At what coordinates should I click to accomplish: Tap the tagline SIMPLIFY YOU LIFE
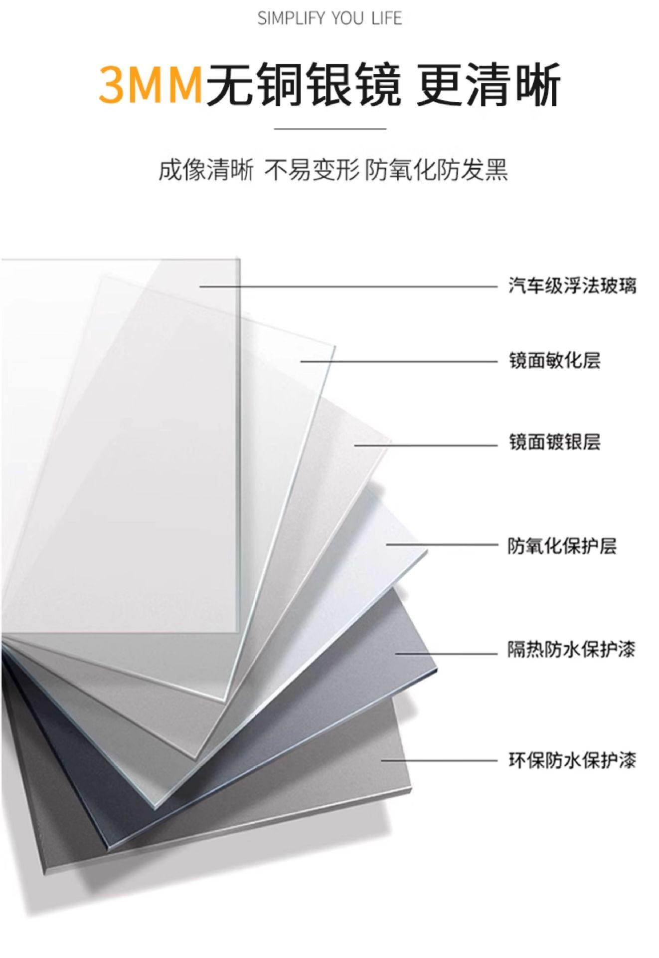(329, 18)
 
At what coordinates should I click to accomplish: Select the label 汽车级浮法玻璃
(572, 286)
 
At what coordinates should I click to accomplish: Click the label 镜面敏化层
(554, 360)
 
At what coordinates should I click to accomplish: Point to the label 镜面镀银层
(554, 442)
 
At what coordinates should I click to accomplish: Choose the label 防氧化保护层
(562, 546)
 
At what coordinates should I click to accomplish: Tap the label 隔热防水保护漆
(571, 650)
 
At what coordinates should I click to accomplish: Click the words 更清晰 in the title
(489, 85)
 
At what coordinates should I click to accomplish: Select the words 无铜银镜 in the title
(304, 85)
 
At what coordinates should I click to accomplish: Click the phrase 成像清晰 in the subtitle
(205, 170)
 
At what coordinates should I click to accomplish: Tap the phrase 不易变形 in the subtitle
(312, 170)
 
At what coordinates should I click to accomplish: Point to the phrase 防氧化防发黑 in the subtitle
(436, 170)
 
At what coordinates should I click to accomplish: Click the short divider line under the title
(330, 129)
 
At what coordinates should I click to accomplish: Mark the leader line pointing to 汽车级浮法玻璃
(349, 286)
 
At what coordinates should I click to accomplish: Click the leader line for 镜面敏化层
(399, 361)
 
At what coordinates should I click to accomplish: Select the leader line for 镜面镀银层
(426, 445)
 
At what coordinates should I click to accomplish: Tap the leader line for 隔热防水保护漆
(447, 653)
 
